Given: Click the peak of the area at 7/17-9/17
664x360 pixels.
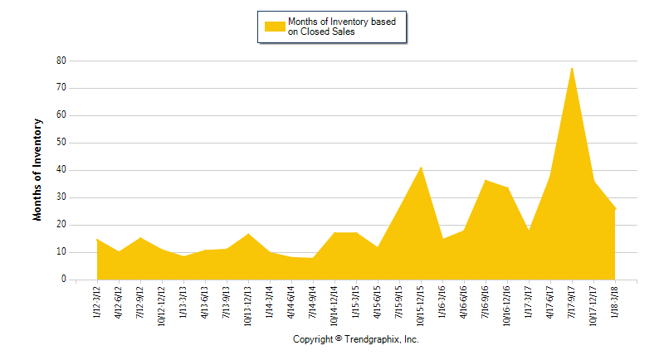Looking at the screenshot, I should click(x=572, y=68).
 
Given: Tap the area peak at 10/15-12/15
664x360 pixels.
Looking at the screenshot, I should click(x=421, y=168).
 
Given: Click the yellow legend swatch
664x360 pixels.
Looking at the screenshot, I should click(x=275, y=27).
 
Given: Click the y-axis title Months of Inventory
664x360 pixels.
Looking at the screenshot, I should click(x=37, y=170).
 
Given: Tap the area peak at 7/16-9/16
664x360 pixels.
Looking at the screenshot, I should click(x=486, y=180).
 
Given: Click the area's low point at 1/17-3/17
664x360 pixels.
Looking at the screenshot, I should click(x=529, y=231).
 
